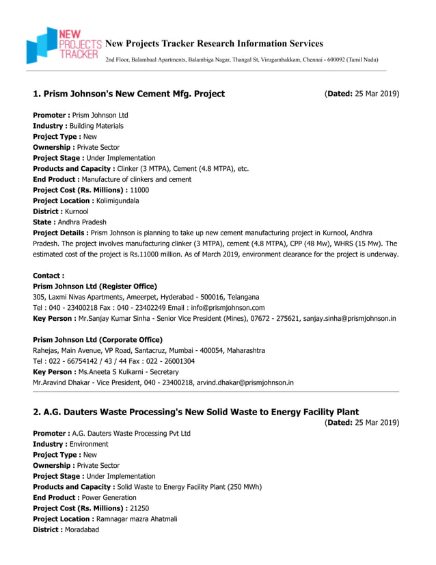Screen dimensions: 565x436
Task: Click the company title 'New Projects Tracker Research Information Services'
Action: [214, 44]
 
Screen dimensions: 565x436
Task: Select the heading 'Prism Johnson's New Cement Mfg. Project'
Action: [128, 94]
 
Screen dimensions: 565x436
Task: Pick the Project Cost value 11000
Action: [139, 190]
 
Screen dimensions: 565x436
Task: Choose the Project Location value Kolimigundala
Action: [118, 201]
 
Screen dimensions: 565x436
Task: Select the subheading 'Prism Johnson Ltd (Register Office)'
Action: [95, 286]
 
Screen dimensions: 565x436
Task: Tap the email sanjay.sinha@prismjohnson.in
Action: [349, 319]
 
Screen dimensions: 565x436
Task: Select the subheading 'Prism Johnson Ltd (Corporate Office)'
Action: [98, 340]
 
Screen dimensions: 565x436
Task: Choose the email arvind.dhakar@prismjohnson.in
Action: [245, 383]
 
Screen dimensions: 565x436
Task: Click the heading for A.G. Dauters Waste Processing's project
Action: [195, 412]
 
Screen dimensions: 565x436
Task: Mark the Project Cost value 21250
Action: [139, 508]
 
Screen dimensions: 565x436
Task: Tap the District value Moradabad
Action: [81, 529]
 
